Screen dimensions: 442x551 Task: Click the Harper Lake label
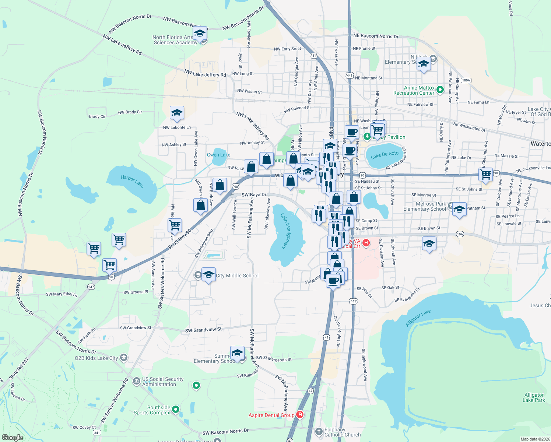132,181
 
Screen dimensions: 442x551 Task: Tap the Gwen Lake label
218,155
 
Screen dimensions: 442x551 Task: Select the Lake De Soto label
385,155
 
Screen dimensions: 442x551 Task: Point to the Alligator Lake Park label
534,397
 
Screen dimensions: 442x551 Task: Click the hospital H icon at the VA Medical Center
366,242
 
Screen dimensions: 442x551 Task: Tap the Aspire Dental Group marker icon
300,415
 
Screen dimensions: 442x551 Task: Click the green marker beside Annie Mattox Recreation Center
440,90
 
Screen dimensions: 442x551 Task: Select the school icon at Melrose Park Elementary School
459,210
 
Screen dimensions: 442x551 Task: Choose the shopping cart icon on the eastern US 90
486,174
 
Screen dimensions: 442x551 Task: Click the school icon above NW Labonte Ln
177,113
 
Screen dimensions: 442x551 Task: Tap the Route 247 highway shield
91,287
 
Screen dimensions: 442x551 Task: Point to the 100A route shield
466,80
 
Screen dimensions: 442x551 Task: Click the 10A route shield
460,234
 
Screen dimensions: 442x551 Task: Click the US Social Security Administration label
162,382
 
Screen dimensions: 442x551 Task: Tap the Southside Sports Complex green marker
176,409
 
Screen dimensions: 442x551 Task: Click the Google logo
12,437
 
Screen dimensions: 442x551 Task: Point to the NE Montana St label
369,78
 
